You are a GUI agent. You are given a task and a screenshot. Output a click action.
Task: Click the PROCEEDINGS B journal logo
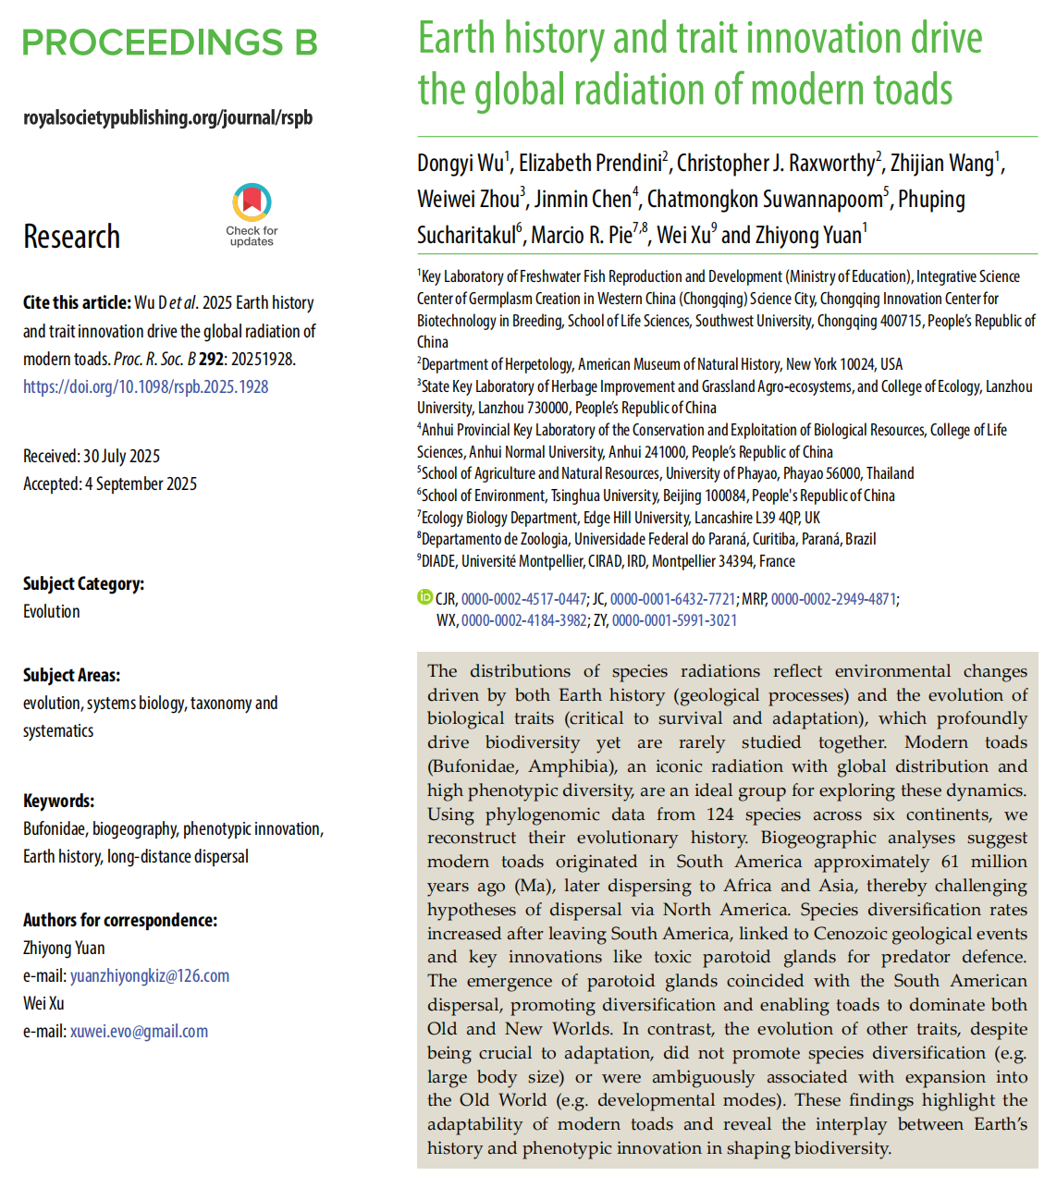click(x=170, y=43)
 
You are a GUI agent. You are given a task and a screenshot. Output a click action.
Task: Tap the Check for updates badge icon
click(x=252, y=204)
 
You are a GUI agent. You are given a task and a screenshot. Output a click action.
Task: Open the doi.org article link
click(x=146, y=386)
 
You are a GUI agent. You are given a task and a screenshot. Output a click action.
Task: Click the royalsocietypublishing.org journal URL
click(x=168, y=117)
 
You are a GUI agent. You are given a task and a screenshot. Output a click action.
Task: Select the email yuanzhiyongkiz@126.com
click(x=150, y=975)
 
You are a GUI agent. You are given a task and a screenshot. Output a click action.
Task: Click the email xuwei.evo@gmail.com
click(x=139, y=1031)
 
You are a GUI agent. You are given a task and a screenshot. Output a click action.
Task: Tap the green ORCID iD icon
click(x=425, y=597)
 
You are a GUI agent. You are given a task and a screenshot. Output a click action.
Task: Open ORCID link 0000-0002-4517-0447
click(x=523, y=599)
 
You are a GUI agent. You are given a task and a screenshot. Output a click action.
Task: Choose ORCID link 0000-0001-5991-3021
click(x=674, y=620)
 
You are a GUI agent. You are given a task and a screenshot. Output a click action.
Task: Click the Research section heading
click(x=72, y=237)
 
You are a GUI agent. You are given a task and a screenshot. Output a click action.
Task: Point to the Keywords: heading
click(x=59, y=801)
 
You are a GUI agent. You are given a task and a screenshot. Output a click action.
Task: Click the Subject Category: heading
click(x=84, y=583)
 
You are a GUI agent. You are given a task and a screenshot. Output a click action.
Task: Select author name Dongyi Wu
click(x=461, y=164)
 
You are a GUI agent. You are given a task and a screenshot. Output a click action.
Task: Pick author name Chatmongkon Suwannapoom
click(x=765, y=200)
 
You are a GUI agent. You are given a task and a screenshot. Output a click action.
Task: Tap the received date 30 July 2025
click(x=121, y=456)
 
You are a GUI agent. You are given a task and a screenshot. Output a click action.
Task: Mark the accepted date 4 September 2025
click(x=141, y=484)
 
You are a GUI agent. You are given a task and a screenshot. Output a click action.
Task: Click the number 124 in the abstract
click(x=719, y=814)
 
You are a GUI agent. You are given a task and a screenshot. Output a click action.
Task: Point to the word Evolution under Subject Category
click(x=52, y=611)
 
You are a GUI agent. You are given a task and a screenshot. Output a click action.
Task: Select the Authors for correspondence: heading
click(x=120, y=920)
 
